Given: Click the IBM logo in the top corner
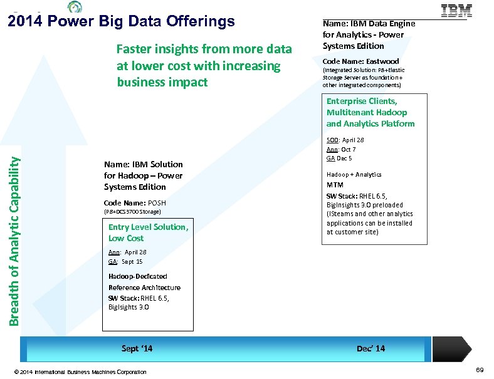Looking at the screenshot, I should pos(457,11).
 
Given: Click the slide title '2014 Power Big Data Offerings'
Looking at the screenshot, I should pos(121,22).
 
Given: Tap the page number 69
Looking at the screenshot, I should pos(480,371).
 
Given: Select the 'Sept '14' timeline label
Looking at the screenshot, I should pos(137,348).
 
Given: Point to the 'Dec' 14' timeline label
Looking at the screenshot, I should pos(370,348).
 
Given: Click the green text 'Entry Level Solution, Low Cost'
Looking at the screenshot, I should pos(148,232).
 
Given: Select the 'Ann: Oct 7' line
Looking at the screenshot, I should pos(341,149).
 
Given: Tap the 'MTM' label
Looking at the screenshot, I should pos(335,185).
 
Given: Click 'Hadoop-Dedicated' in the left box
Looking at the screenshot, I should pos(137,276).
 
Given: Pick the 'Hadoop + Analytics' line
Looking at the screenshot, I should pos(354,175).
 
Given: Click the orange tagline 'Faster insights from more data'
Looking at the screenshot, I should pos(204,49).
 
